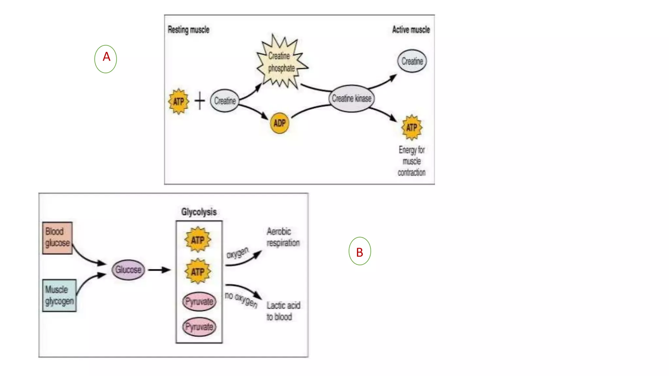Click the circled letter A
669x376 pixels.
(x=106, y=59)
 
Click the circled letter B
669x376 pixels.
(x=360, y=251)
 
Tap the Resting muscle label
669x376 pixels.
(x=188, y=30)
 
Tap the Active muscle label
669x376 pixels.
(x=411, y=30)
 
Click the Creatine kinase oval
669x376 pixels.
(x=351, y=98)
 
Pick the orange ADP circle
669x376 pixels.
(x=280, y=123)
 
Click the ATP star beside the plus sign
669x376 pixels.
(x=178, y=102)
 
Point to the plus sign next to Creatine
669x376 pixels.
(x=200, y=101)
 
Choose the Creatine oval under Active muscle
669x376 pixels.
(x=412, y=61)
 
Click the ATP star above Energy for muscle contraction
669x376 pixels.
(x=412, y=127)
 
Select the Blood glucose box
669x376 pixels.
(x=57, y=238)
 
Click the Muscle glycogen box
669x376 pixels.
(x=59, y=295)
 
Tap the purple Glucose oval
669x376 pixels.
(x=128, y=270)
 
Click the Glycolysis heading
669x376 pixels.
(x=199, y=212)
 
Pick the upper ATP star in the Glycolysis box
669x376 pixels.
(x=198, y=240)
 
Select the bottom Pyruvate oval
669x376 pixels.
(x=199, y=327)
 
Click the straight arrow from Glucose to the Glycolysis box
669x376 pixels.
(x=159, y=270)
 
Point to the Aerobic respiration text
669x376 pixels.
(x=283, y=237)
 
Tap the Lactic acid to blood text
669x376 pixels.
(x=283, y=311)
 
